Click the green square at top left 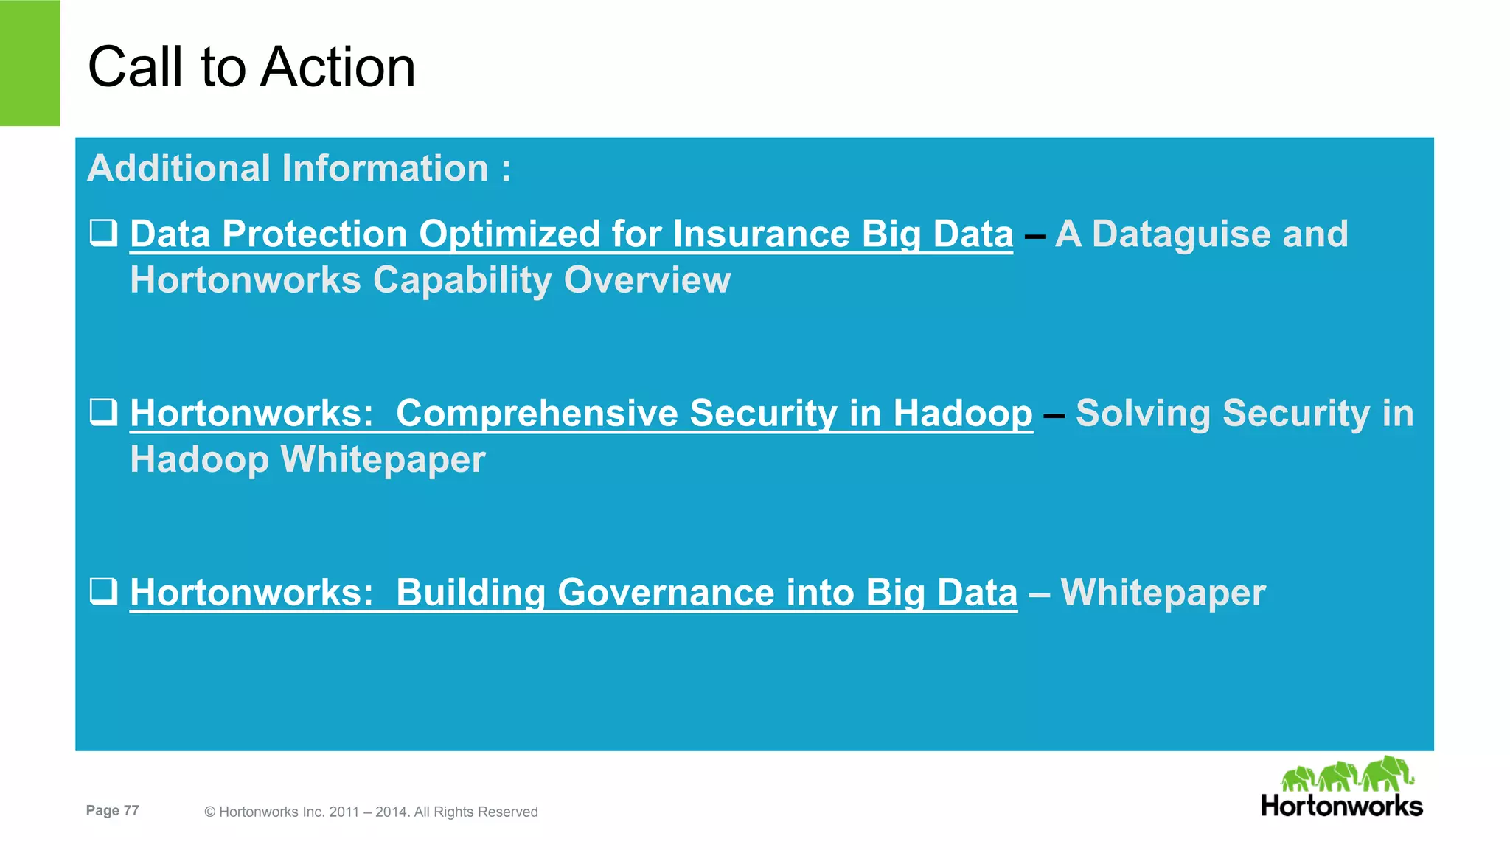pyautogui.click(x=29, y=63)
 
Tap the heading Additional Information pyautogui.click(x=298, y=168)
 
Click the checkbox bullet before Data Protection pyautogui.click(x=103, y=233)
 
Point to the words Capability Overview pyautogui.click(x=552, y=280)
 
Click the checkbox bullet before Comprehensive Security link pyautogui.click(x=103, y=412)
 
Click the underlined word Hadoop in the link pyautogui.click(x=963, y=414)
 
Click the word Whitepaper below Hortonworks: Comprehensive pyautogui.click(x=383, y=459)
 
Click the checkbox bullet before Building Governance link pyautogui.click(x=103, y=591)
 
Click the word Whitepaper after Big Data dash pyautogui.click(x=1163, y=593)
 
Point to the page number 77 pyautogui.click(x=131, y=810)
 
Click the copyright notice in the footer pyautogui.click(x=371, y=812)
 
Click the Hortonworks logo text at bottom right pyautogui.click(x=1341, y=806)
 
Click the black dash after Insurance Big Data pyautogui.click(x=1035, y=236)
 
